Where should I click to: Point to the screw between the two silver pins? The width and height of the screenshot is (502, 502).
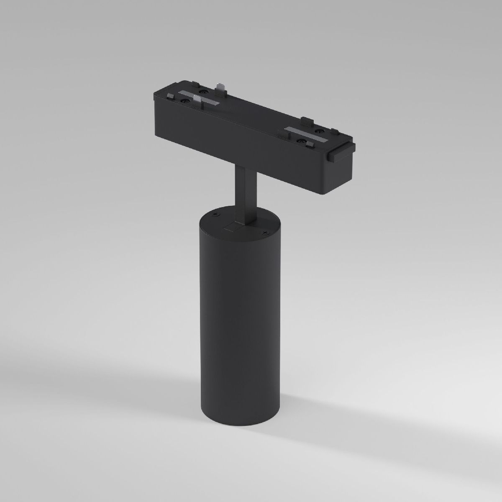coord(204,92)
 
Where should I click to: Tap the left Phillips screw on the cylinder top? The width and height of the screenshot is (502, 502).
coord(215,215)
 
